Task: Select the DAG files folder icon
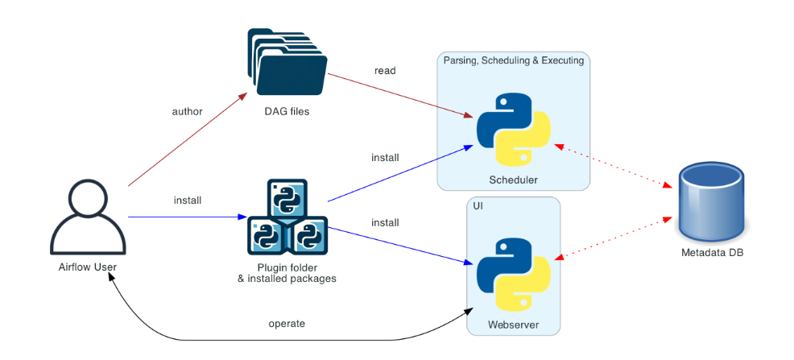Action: tap(287, 64)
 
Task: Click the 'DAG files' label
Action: tap(287, 112)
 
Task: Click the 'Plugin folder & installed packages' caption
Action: tap(287, 273)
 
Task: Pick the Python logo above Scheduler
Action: tap(513, 129)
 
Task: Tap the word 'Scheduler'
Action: tap(513, 180)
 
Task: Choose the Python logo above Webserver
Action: tap(513, 274)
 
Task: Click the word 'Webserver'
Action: tap(513, 325)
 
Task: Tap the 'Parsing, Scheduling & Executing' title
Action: tap(513, 60)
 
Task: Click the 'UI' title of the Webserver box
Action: tap(478, 206)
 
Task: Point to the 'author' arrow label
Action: tap(188, 111)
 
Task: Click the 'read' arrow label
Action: tap(385, 71)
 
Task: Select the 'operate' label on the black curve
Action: tap(287, 324)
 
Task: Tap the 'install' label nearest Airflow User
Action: tap(188, 200)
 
